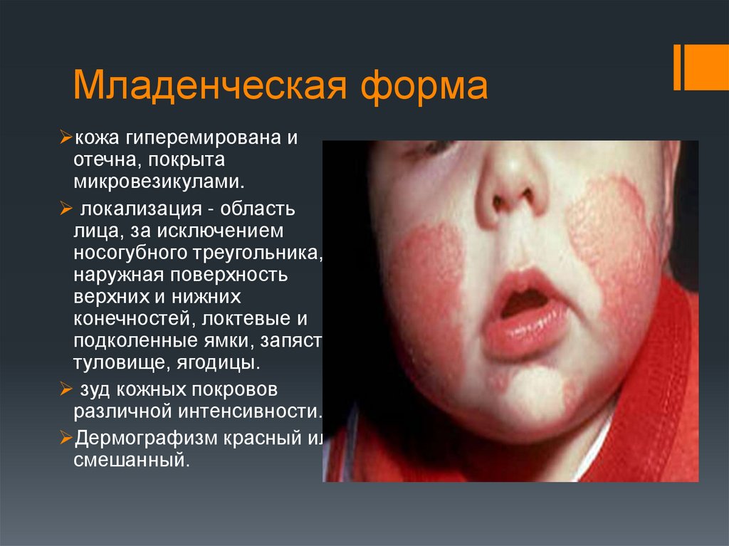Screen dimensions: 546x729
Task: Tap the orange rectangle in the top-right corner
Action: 706,68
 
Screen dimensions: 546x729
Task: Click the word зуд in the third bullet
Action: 93,391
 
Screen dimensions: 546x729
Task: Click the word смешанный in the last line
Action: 131,461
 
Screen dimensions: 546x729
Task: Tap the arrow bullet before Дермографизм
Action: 65,439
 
